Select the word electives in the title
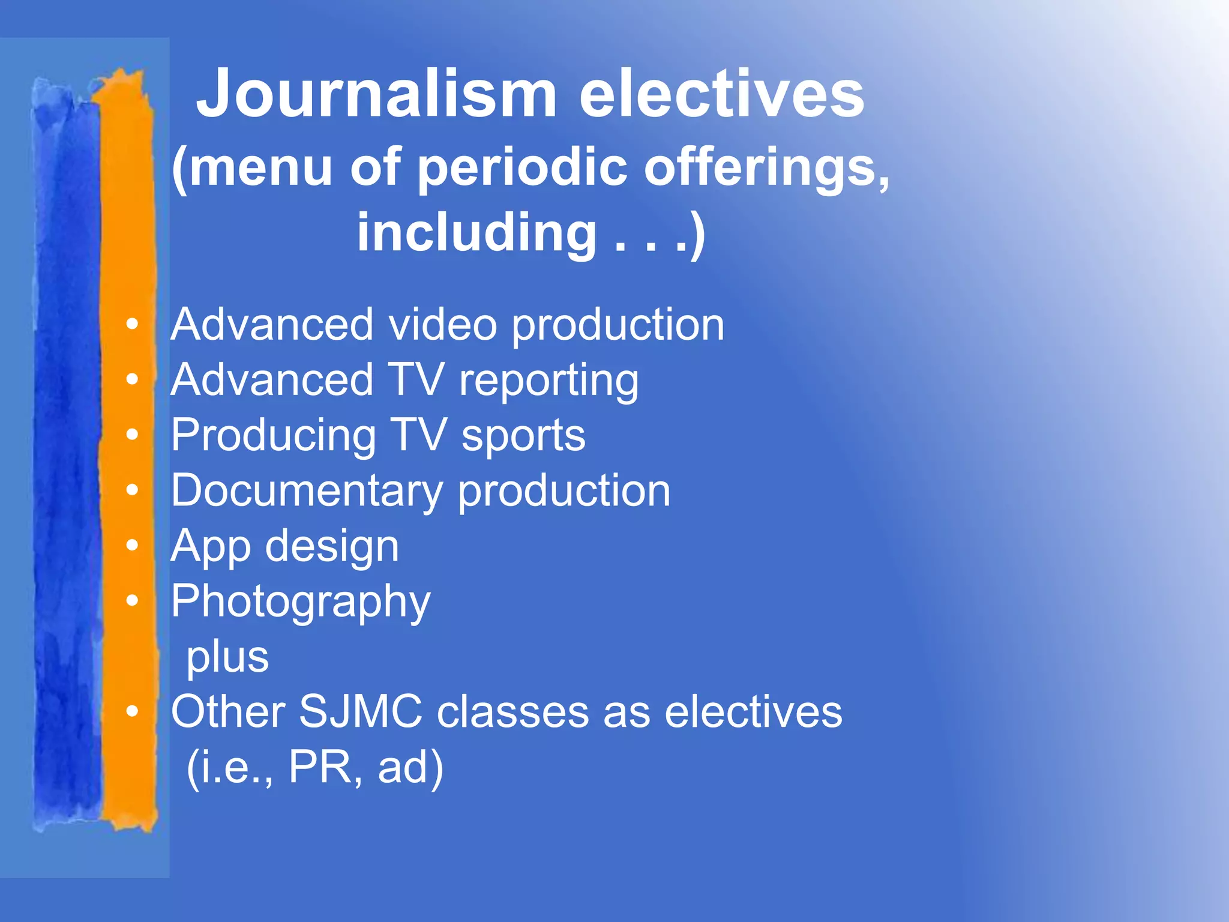[721, 94]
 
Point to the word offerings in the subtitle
[766, 168]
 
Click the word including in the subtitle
[476, 233]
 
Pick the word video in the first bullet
[443, 325]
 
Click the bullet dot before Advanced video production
[132, 325]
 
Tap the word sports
[523, 436]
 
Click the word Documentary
[307, 492]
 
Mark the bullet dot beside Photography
[132, 600]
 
